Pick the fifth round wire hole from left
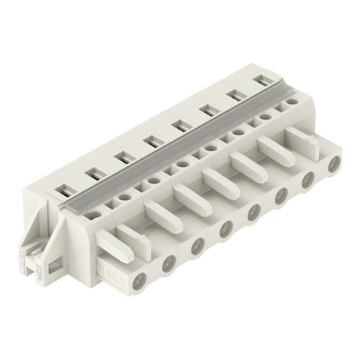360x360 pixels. [x=251, y=213]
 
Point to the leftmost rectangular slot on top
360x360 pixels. [x=63, y=191]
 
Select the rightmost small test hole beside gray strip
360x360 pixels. [x=292, y=103]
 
